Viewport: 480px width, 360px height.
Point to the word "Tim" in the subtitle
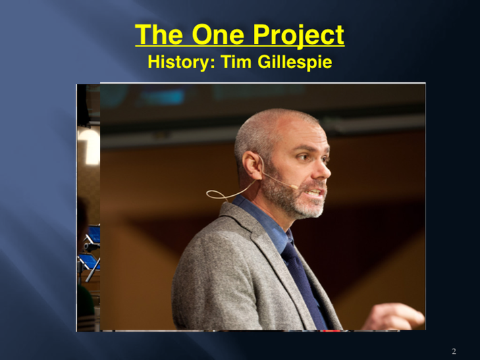(237, 61)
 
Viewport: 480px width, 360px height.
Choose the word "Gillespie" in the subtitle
(295, 62)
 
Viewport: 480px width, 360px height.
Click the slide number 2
(454, 351)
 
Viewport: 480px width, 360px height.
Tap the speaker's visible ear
(252, 165)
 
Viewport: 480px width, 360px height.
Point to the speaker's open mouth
(315, 192)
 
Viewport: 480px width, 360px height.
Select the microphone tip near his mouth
(294, 186)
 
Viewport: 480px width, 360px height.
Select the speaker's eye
(304, 157)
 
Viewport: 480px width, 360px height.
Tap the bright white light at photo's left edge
(89, 145)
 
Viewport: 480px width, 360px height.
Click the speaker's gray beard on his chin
(306, 208)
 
